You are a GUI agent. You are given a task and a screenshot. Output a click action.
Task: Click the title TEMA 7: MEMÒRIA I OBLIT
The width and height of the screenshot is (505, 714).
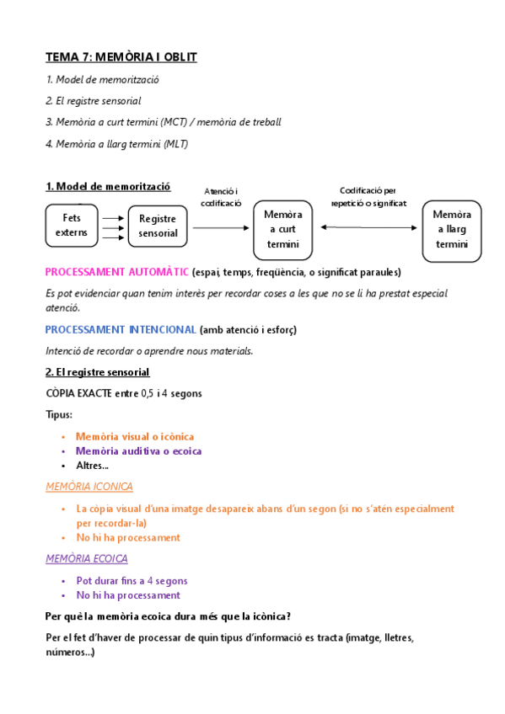121,57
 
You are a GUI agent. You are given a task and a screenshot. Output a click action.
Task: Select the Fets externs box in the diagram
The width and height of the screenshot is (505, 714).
72,225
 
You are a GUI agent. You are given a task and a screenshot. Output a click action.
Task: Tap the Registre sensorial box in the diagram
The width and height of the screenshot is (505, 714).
158,226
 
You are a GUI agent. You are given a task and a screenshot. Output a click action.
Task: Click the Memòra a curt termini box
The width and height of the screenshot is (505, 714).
282,229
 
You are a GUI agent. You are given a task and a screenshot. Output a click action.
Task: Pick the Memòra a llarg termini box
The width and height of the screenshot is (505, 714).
451,229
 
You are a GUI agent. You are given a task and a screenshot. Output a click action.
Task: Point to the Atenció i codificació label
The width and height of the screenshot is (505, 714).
222,197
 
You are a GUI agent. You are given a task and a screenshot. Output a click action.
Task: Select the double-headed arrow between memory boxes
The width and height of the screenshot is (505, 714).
369,227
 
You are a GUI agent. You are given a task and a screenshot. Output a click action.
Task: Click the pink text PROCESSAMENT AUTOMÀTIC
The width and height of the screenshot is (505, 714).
117,272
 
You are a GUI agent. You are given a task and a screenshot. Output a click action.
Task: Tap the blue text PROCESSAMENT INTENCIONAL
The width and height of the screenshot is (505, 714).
121,329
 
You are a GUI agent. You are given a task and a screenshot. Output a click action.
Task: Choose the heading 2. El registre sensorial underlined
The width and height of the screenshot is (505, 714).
97,371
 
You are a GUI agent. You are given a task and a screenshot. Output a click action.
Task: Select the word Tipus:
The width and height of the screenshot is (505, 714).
59,415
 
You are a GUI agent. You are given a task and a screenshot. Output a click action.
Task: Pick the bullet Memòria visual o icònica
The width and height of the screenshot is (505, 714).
135,436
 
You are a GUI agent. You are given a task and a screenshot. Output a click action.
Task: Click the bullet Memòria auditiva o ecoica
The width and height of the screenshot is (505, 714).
138,450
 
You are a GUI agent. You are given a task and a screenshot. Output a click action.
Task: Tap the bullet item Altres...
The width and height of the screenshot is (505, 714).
92,465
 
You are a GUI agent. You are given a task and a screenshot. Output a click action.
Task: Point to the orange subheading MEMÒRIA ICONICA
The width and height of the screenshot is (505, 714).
89,487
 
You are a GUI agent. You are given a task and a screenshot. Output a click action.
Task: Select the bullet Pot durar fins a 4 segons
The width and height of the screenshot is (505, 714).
132,580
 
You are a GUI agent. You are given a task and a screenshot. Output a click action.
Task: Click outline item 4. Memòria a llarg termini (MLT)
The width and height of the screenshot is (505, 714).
117,144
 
